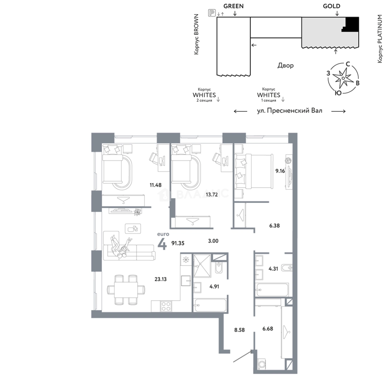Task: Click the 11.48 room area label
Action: [x=156, y=185]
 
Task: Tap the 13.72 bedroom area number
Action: [x=212, y=195]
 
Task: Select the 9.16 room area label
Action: [x=280, y=171]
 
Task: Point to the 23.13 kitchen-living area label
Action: [x=161, y=279]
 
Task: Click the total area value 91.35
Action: [x=178, y=243]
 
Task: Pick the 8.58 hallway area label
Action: [x=239, y=330]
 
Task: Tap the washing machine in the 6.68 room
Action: [x=261, y=364]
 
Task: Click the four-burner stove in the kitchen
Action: [x=166, y=306]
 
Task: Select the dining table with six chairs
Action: [x=126, y=289]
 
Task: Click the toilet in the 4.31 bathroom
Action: [x=287, y=268]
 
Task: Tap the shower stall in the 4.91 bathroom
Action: [x=202, y=266]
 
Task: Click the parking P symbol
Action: [x=212, y=13]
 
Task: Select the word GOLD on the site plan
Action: [x=331, y=6]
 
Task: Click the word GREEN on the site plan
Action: [x=234, y=6]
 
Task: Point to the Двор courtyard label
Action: [x=286, y=66]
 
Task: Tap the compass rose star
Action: [x=343, y=78]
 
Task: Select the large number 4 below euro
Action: [x=162, y=244]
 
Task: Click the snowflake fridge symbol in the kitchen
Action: [x=185, y=260]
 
